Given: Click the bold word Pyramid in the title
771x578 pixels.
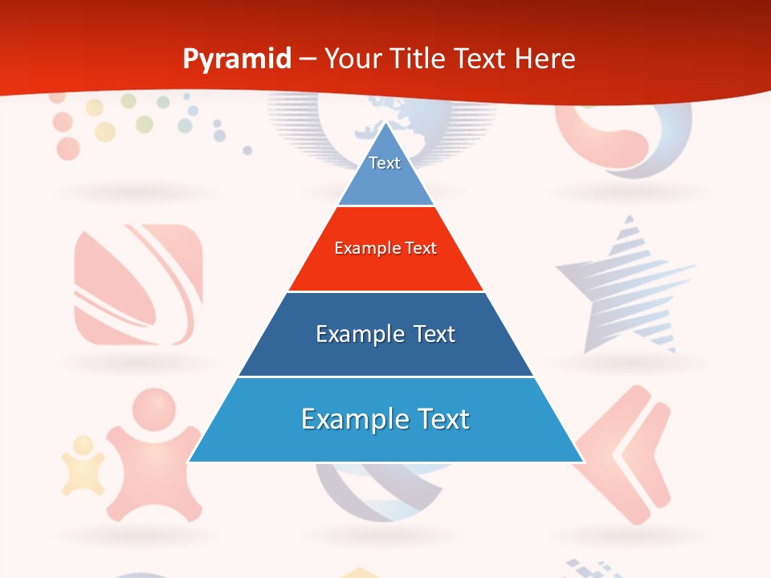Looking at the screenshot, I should tap(237, 59).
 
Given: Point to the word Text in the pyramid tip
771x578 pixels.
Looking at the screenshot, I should tap(385, 163).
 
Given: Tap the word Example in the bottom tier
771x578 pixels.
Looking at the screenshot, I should tap(346, 419).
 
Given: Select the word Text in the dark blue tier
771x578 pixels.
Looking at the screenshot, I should tap(434, 334).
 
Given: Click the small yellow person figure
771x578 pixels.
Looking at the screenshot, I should tap(84, 466).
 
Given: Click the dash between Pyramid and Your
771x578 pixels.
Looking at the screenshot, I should tap(308, 59).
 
